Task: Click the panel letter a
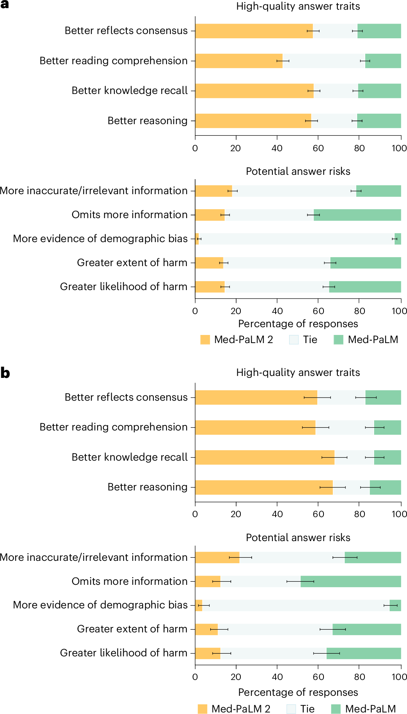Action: point(5,5)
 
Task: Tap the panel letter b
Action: point(5,373)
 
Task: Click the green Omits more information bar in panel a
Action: point(357,215)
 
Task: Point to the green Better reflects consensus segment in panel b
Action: point(383,398)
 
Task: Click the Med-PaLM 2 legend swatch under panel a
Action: point(205,340)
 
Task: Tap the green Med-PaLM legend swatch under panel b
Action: point(336,709)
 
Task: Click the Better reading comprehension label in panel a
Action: point(113,61)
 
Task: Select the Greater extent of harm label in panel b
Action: point(132,629)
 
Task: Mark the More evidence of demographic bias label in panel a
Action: point(100,239)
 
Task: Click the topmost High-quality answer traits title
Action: point(298,6)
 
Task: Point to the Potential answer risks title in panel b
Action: point(298,538)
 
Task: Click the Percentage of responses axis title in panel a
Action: point(298,324)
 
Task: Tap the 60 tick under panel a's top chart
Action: point(318,149)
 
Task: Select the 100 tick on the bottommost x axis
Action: point(399,677)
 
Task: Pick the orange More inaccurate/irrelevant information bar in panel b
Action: point(217,557)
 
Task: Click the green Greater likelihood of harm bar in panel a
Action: point(365,287)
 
